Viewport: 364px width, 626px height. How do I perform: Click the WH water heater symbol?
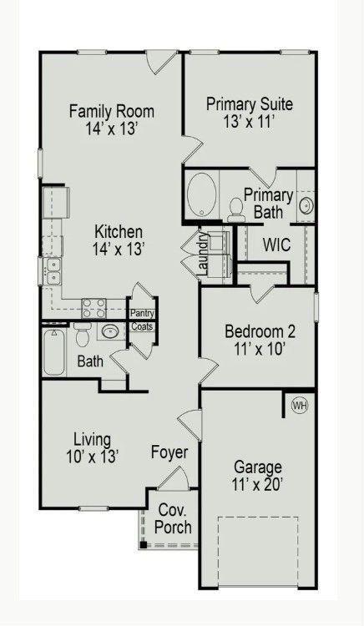(x=301, y=406)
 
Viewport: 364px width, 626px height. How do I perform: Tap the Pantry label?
(x=142, y=313)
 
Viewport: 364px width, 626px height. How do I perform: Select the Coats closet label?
(x=142, y=326)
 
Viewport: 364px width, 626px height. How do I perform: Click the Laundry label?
(x=204, y=254)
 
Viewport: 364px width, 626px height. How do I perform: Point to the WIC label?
(x=276, y=245)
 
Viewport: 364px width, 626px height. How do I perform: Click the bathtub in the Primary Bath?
(x=202, y=194)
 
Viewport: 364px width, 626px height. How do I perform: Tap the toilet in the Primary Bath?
(x=235, y=210)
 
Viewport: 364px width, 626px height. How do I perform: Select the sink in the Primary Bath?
(x=306, y=205)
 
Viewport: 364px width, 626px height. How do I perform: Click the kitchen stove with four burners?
(x=94, y=308)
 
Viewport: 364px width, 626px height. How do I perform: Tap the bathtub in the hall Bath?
(x=54, y=352)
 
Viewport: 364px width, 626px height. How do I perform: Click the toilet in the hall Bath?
(x=83, y=335)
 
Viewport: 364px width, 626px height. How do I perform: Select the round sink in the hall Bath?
(x=109, y=331)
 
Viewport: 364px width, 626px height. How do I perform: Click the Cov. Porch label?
(x=173, y=518)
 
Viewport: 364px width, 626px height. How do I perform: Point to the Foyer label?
(x=169, y=452)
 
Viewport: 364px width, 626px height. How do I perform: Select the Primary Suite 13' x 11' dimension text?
(x=249, y=121)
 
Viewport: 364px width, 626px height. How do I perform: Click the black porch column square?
(x=144, y=544)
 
